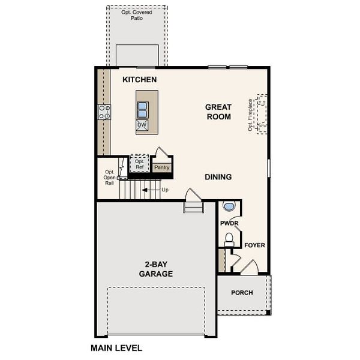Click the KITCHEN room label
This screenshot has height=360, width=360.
[x=139, y=80]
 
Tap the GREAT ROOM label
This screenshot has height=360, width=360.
[x=218, y=112]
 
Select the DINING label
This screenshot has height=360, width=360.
[x=218, y=177]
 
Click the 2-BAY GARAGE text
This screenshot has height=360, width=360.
[x=156, y=269]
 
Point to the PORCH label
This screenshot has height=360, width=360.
[x=242, y=293]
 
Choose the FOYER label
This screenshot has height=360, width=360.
[x=254, y=245]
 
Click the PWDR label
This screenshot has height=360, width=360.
[x=229, y=223]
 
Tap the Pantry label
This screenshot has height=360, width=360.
[x=161, y=167]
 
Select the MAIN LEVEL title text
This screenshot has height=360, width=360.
[x=116, y=347]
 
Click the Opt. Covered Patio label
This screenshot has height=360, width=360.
[x=137, y=15]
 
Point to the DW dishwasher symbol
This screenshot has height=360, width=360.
[x=143, y=125]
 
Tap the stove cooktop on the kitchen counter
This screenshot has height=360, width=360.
[x=104, y=112]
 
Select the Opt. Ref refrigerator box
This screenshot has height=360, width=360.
[x=139, y=163]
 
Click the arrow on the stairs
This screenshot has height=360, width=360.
[x=148, y=190]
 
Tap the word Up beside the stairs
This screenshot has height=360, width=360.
[x=165, y=190]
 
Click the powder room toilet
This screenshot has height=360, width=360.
[x=229, y=238]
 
